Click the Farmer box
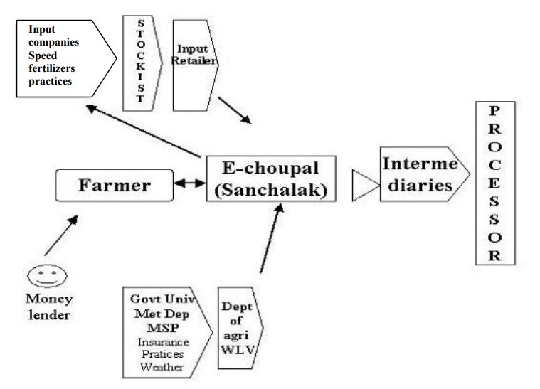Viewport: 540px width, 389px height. click(114, 185)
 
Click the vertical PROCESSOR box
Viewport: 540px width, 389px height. click(495, 183)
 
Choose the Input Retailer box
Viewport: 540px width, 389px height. click(193, 63)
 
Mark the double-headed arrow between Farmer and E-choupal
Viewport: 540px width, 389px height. click(190, 183)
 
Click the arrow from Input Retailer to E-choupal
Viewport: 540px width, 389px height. click(241, 108)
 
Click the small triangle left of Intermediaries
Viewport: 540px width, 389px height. click(365, 186)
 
